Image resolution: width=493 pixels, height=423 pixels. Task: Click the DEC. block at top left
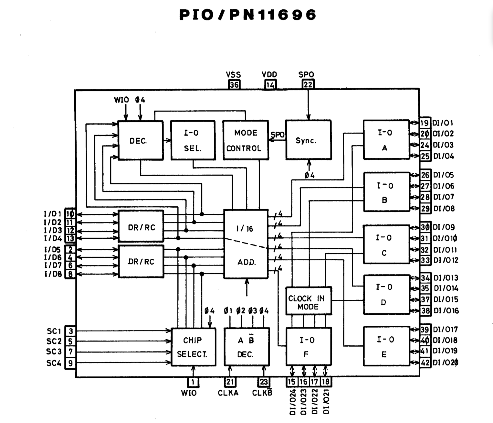pos(140,140)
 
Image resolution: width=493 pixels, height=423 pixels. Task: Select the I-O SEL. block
pos(193,140)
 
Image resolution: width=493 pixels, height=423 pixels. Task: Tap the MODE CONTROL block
pos(246,140)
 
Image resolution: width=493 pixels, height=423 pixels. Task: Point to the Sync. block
pos(308,140)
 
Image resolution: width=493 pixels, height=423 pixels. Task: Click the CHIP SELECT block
pos(193,347)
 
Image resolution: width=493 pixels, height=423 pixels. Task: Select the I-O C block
pos(386,245)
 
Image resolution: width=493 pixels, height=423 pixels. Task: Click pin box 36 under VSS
pos(234,85)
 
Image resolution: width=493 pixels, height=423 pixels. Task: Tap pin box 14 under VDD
pos(270,85)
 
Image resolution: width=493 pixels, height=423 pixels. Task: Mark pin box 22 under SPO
pos(308,84)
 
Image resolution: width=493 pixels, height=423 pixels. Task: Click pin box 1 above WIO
pos(193,382)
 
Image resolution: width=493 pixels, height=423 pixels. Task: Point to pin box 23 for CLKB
pos(264,382)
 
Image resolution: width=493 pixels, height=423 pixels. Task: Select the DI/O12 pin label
pos(446,260)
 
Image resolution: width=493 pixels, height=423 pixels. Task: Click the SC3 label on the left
pos(54,352)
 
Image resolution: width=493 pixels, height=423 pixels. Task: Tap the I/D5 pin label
pos(52,250)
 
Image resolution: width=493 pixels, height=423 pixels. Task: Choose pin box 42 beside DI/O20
pos(425,363)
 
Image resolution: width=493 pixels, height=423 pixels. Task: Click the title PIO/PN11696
pos(248,15)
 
